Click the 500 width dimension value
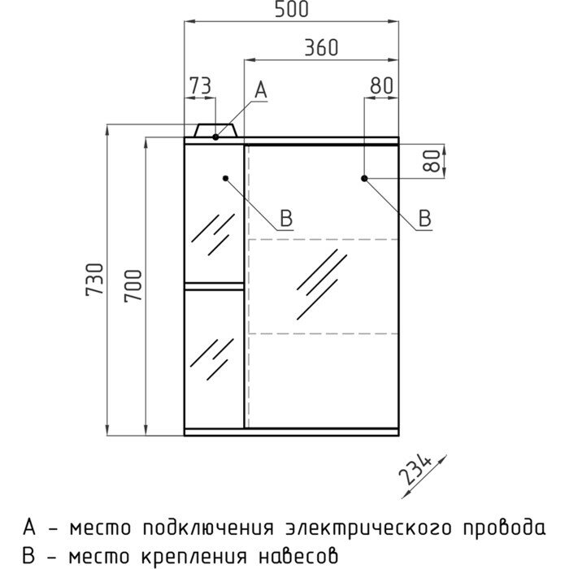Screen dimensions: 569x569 292,11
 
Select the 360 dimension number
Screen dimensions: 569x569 322,49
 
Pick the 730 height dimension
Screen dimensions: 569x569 96,280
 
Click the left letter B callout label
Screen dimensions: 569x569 285,218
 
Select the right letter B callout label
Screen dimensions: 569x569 423,218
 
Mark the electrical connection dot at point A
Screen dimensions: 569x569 215,137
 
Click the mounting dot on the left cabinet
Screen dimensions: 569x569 225,177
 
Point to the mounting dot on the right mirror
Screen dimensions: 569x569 365,177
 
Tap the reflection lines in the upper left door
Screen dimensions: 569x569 213,234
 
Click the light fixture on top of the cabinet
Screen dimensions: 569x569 217,130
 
